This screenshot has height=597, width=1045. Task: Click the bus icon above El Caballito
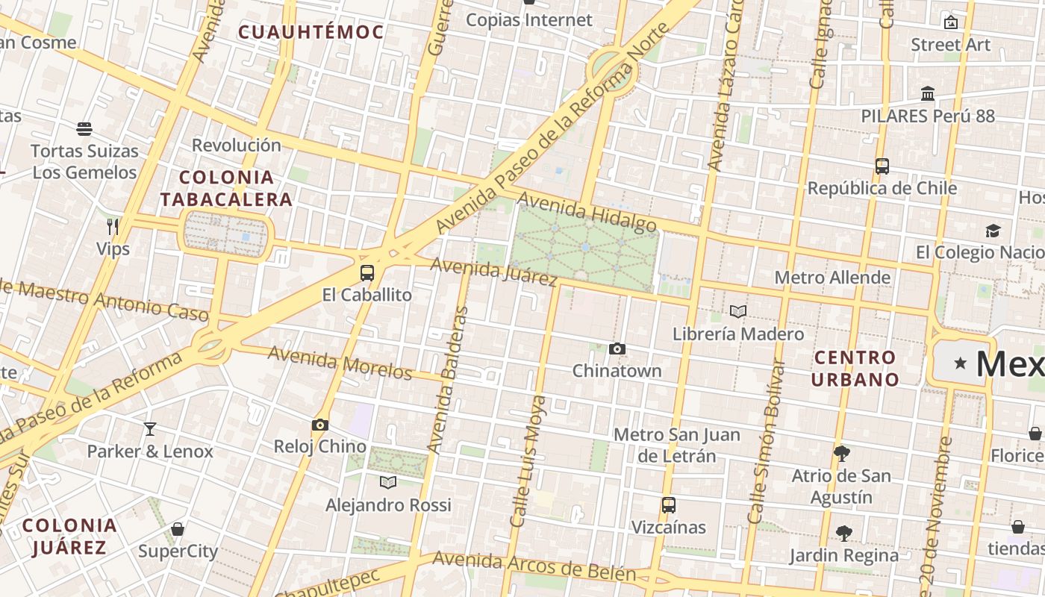click(x=366, y=272)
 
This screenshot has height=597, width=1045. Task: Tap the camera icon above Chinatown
click(x=617, y=348)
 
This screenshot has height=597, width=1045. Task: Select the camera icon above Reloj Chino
click(x=320, y=425)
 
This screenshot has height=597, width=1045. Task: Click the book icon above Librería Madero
click(x=738, y=311)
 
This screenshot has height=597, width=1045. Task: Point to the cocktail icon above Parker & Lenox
click(x=150, y=428)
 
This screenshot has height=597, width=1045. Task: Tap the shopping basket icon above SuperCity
click(x=178, y=529)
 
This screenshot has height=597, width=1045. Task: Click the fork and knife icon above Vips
click(x=113, y=225)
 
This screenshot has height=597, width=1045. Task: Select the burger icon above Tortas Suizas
click(x=84, y=128)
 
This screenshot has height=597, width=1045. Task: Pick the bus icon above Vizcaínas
click(x=669, y=504)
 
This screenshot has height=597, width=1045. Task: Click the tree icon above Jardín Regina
click(x=844, y=533)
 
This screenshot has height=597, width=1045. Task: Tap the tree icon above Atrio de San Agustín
click(x=842, y=453)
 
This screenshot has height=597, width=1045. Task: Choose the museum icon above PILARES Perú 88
click(x=928, y=94)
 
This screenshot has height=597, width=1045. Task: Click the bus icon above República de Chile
click(x=882, y=166)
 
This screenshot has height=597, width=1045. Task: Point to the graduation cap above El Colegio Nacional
click(x=993, y=231)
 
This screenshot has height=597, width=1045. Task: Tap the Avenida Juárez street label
click(x=494, y=272)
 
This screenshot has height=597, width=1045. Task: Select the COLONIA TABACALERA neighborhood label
click(x=226, y=188)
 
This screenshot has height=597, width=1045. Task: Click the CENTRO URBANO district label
click(x=855, y=368)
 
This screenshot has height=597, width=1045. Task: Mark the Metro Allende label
click(x=832, y=278)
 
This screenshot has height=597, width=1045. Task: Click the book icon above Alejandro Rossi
click(x=388, y=482)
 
